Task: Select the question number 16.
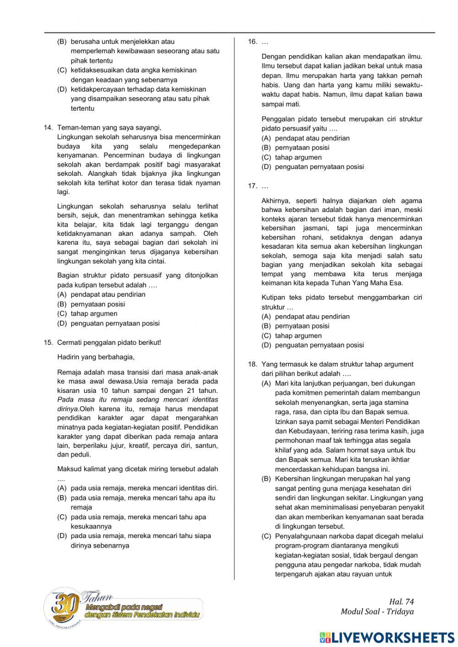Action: coord(252,42)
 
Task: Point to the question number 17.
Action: coord(252,186)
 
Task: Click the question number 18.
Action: coord(252,364)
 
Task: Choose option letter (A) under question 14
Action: coord(62,294)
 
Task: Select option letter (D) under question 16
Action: coord(267,167)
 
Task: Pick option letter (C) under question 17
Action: coord(267,336)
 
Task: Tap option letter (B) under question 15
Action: coord(62,498)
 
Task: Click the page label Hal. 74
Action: coord(401,602)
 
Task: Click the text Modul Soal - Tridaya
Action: coord(377,612)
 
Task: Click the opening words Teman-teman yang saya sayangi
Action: coord(109,128)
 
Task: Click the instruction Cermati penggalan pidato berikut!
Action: coord(109,342)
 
